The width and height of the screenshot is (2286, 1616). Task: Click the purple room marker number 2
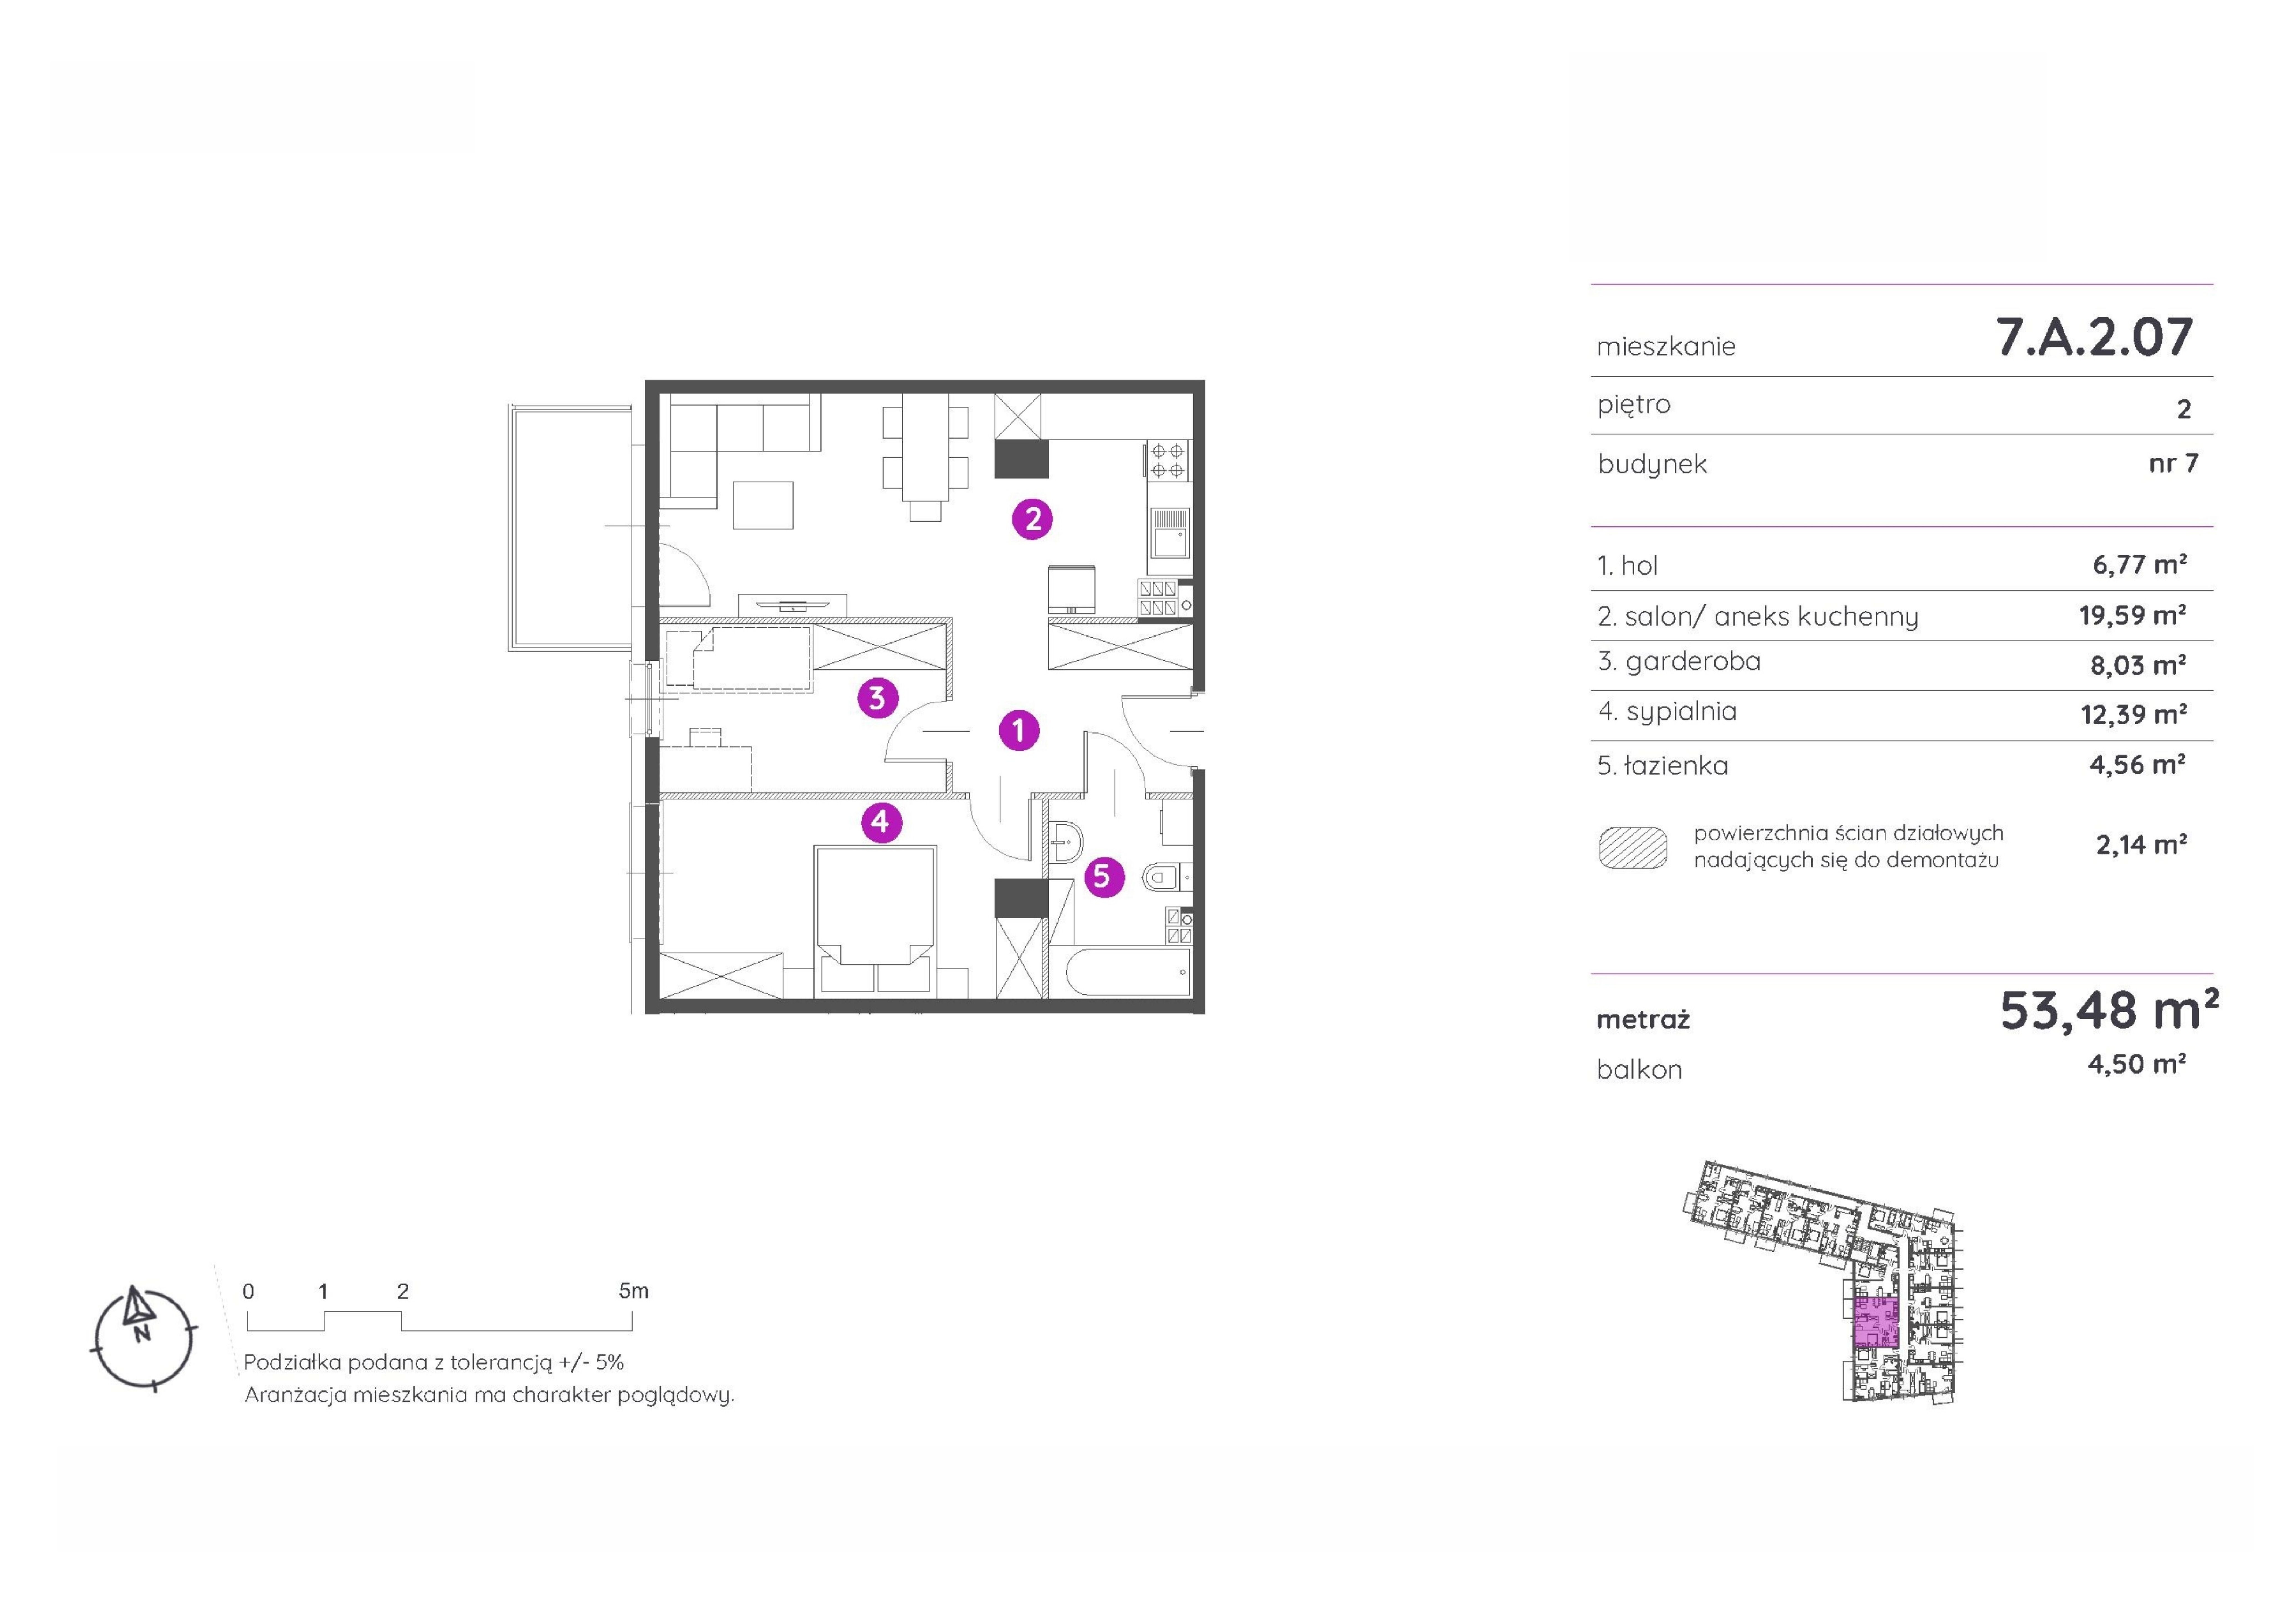(1032, 519)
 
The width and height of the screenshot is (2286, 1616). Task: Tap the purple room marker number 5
(1102, 876)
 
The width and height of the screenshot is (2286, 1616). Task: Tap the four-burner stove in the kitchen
(1168, 461)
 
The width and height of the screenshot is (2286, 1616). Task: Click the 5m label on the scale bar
(633, 1291)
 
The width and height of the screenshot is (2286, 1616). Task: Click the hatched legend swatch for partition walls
(1633, 847)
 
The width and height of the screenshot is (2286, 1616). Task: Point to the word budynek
(1653, 465)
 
